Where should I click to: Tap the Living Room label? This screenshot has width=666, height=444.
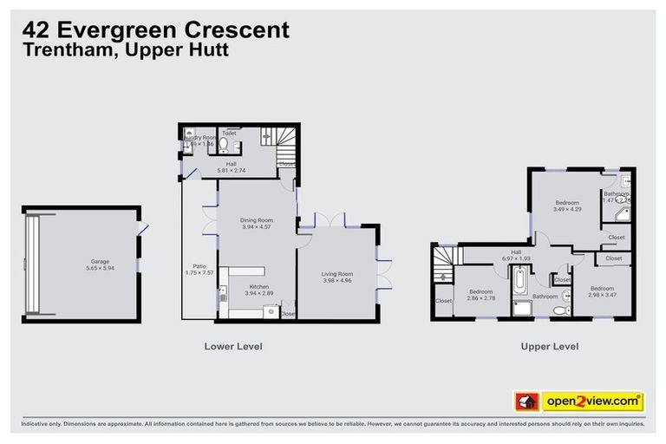click(x=338, y=273)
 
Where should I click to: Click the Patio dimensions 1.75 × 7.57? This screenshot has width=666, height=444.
click(x=199, y=272)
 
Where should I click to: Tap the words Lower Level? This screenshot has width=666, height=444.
click(x=232, y=346)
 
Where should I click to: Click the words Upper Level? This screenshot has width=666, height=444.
click(x=549, y=346)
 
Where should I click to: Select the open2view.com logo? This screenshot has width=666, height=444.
click(x=592, y=402)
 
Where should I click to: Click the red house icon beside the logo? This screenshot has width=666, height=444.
click(x=525, y=402)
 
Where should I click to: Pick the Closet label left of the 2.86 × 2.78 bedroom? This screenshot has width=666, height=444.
click(x=444, y=301)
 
